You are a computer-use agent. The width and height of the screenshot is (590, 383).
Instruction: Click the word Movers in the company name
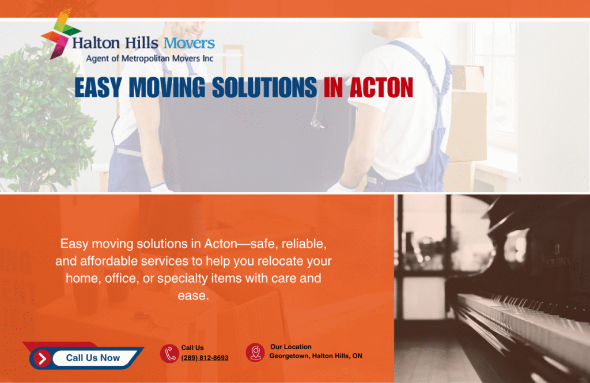click(189, 43)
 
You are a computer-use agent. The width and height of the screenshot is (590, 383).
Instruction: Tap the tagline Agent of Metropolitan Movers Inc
click(149, 58)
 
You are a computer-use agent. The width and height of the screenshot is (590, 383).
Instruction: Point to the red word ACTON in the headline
click(381, 88)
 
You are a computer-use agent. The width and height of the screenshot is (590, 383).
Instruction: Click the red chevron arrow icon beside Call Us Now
click(41, 358)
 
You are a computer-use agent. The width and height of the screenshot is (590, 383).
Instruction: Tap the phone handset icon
click(169, 353)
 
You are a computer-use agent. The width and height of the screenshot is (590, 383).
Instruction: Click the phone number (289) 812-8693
click(205, 358)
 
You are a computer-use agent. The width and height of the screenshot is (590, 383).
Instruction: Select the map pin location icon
click(255, 352)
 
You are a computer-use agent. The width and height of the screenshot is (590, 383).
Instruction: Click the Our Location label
click(291, 347)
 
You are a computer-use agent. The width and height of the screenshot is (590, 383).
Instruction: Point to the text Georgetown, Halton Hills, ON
click(316, 356)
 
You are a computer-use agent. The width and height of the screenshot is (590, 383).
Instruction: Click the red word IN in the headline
click(333, 88)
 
